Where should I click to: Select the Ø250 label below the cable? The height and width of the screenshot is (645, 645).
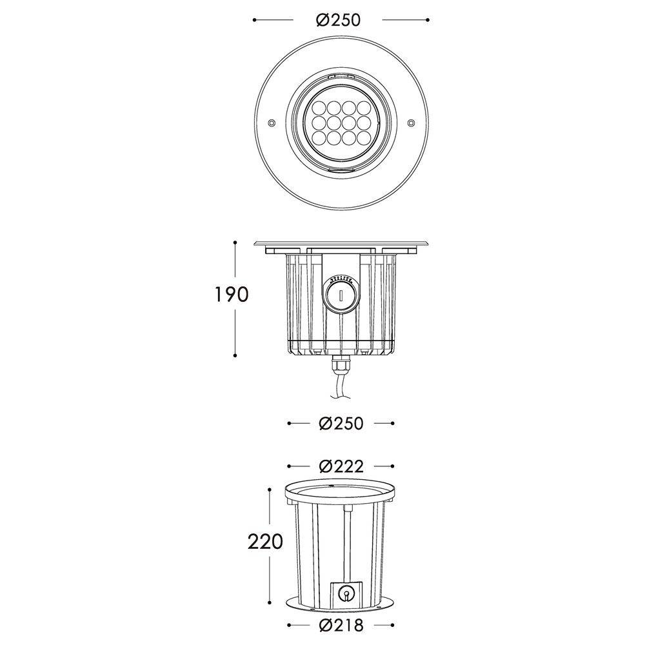tap(341, 424)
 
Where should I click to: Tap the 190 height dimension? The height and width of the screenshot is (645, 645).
tap(231, 294)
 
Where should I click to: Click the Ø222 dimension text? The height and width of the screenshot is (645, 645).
tap(341, 466)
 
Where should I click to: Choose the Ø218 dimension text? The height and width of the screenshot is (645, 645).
tap(341, 625)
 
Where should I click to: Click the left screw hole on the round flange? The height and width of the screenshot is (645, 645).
tap(272, 122)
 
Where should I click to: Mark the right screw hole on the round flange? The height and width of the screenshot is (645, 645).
tap(411, 122)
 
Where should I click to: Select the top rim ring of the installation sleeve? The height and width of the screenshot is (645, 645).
tap(341, 493)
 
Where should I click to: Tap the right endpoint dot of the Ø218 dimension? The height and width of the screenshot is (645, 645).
tap(393, 625)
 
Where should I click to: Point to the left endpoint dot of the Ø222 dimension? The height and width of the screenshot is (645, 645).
tap(288, 466)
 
